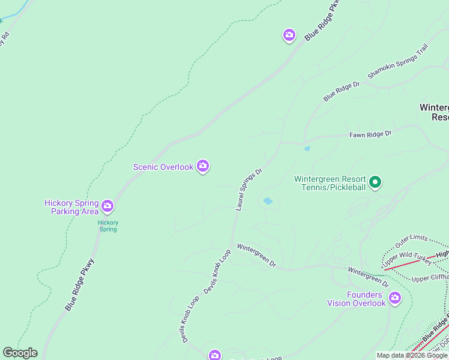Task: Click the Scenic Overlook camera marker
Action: (203, 166)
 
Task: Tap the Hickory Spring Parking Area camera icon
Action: (107, 206)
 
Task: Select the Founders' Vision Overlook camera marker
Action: (395, 297)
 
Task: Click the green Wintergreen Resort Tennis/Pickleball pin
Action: (375, 182)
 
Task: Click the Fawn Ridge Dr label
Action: (370, 134)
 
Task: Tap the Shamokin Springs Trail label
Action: (398, 62)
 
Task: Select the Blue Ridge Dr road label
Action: (341, 91)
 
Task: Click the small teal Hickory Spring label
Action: (108, 226)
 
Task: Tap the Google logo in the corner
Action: (20, 353)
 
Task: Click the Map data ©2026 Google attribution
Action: (412, 355)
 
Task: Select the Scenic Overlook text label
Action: (163, 167)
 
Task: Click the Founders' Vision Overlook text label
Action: (357, 299)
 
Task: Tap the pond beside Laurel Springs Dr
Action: (268, 201)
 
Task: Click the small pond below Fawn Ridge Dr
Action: (307, 149)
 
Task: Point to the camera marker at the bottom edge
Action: (215, 355)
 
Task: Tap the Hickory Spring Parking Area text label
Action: (71, 207)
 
